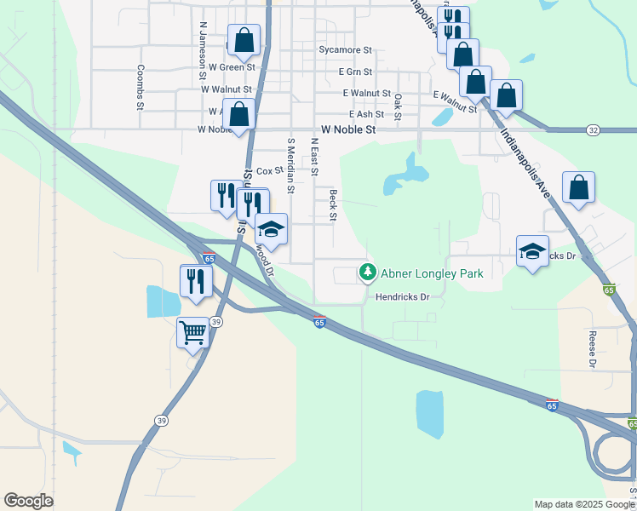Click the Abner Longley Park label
coord(432,273)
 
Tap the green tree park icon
coord(367,273)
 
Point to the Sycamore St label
coord(346,51)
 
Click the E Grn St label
coord(356,72)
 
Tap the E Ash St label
coord(366,114)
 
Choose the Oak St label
coord(398,106)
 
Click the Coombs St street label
coord(141,87)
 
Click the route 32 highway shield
coord(593,129)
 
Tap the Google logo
coord(28,501)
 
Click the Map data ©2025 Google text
coord(584,504)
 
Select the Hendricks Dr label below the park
coord(402,297)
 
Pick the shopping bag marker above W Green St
coord(244,39)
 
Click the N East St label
coord(313,157)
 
